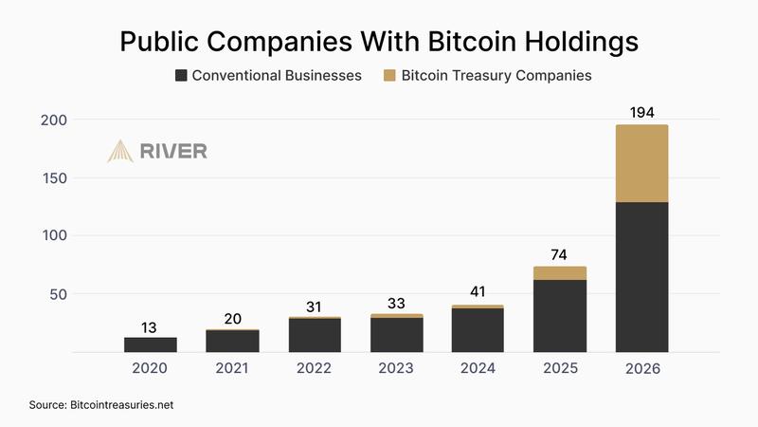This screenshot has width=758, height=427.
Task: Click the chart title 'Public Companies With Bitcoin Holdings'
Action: [379, 42]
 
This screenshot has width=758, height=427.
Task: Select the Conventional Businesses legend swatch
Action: [181, 75]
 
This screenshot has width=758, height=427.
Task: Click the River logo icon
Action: [120, 151]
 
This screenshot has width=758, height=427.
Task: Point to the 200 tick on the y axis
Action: [53, 120]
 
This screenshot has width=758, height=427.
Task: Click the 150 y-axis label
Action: [53, 177]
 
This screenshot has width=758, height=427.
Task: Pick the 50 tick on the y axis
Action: [57, 294]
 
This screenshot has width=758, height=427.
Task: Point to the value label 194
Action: [641, 113]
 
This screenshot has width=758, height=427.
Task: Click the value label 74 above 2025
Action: [560, 253]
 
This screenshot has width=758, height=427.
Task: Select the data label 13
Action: [151, 325]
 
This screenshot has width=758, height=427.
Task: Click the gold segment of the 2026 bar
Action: [641, 163]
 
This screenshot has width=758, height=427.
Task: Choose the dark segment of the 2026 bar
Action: [641, 276]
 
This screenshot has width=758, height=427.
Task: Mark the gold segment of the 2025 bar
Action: [560, 273]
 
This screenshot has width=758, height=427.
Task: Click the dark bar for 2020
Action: [151, 344]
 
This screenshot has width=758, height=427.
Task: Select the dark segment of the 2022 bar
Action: [315, 335]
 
